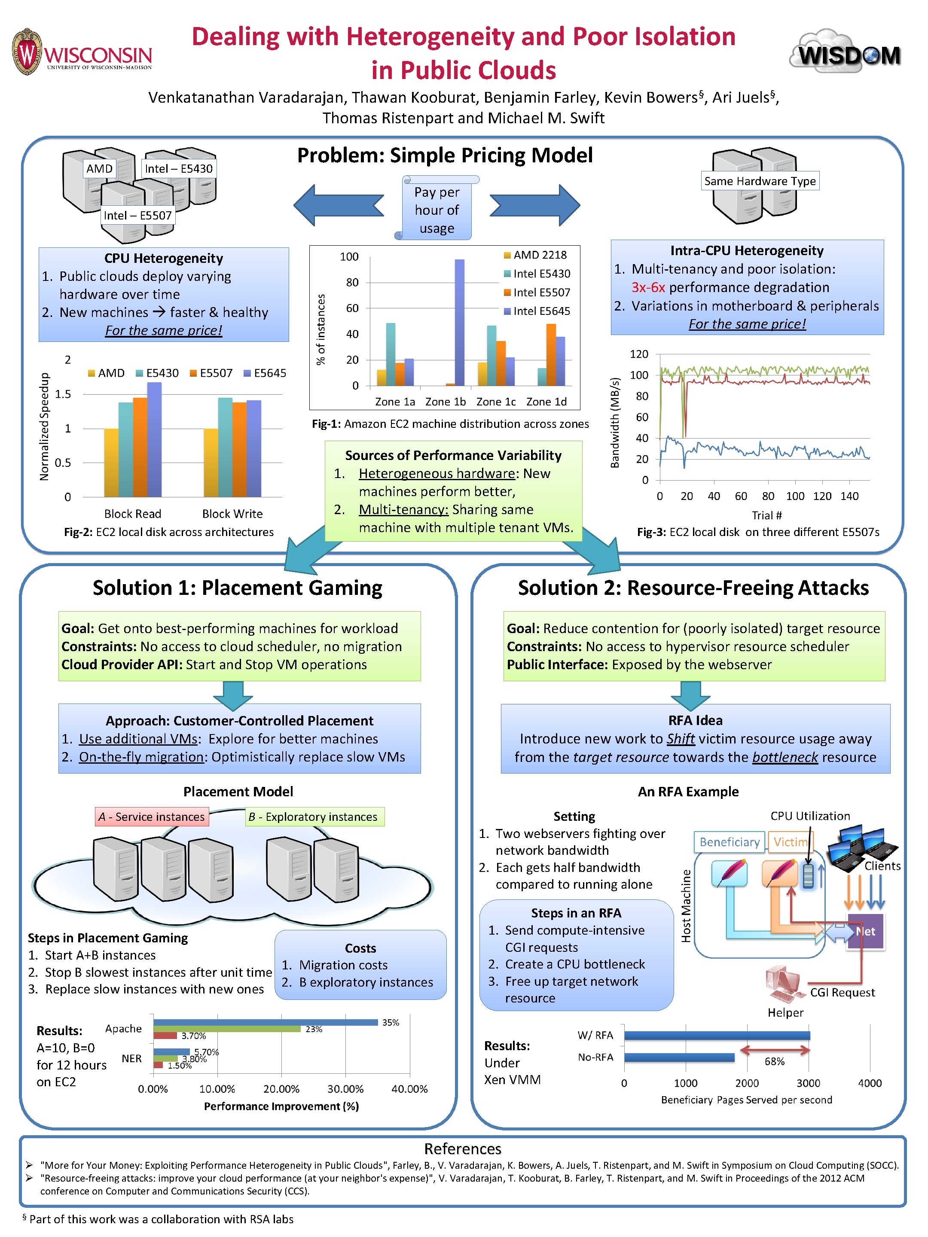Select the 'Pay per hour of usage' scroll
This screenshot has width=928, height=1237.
click(x=437, y=209)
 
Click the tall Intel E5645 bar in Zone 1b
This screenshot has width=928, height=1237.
click(x=459, y=323)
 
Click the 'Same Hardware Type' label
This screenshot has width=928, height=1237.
click(x=760, y=181)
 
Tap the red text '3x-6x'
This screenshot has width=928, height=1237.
click(x=648, y=287)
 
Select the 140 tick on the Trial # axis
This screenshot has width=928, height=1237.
click(x=849, y=496)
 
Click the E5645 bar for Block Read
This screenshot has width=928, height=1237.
click(x=154, y=439)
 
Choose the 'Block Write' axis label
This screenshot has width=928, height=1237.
click(x=232, y=513)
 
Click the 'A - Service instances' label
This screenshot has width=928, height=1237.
click(x=152, y=817)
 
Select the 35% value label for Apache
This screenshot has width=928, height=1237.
click(x=391, y=1022)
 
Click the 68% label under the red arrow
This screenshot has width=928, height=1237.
click(x=774, y=1061)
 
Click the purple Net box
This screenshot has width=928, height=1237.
click(x=865, y=931)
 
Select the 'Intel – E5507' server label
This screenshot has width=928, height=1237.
click(x=137, y=215)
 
